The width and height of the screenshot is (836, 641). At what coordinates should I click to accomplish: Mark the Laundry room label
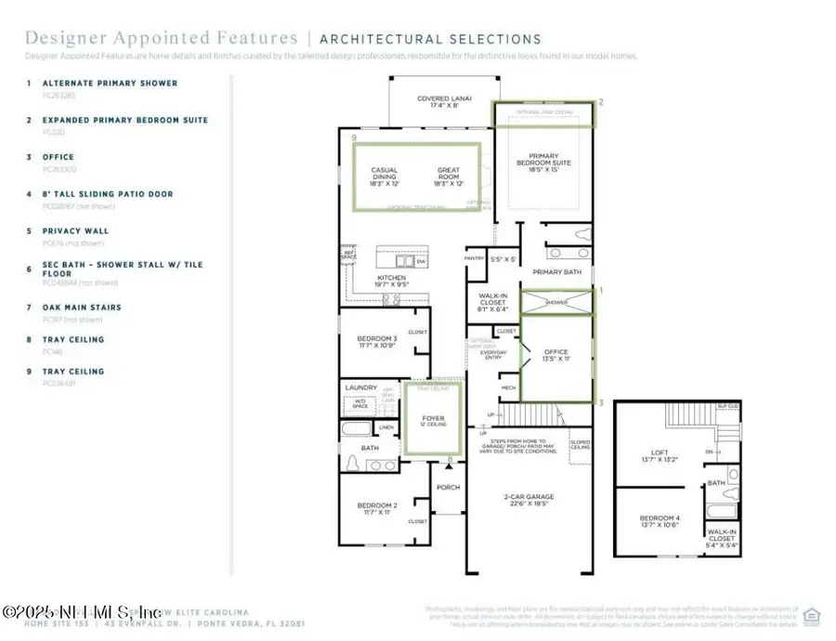360,387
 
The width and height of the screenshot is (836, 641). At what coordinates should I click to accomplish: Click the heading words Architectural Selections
430,39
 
